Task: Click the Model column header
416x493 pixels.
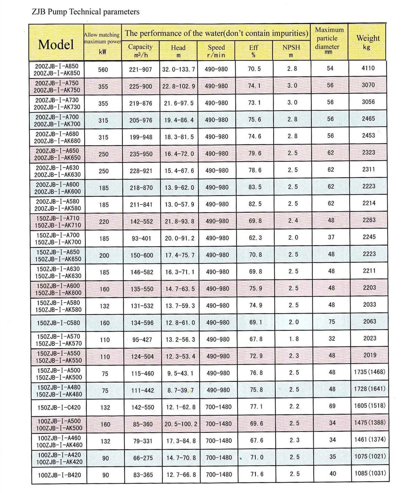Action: click(x=56, y=44)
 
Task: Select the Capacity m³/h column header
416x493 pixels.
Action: click(x=140, y=51)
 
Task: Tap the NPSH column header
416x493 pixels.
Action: click(x=291, y=51)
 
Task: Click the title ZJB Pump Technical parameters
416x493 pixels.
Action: click(x=86, y=12)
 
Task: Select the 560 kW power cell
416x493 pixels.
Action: click(x=103, y=70)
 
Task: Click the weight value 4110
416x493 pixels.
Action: click(x=368, y=68)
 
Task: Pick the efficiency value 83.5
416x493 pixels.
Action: click(x=255, y=187)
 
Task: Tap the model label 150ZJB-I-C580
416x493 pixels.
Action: click(x=58, y=323)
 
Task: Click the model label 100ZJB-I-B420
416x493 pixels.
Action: click(x=59, y=475)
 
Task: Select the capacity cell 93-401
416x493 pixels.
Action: click(x=141, y=239)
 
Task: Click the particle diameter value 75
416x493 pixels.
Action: click(x=332, y=322)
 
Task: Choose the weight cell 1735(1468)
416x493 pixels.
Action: click(x=369, y=372)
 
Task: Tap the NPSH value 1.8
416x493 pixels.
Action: click(x=293, y=339)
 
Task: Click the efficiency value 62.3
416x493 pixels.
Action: click(x=255, y=238)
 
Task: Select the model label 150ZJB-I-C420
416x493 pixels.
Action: click(x=59, y=407)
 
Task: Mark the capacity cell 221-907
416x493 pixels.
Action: click(x=140, y=70)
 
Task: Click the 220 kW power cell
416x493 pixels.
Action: click(x=104, y=222)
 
